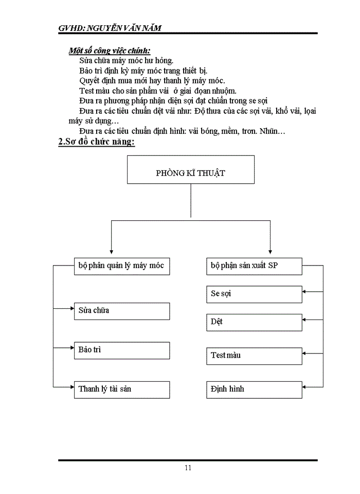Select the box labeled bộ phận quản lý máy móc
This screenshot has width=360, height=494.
coord(121,267)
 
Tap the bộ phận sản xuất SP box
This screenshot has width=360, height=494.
coord(254,267)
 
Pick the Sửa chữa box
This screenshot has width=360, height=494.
coord(121,311)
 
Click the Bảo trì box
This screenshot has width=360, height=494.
coord(121,350)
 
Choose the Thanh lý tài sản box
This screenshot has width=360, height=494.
coord(121,389)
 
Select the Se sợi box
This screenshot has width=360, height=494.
coord(254,294)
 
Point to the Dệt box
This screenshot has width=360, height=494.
coord(254,322)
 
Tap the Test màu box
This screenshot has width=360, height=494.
coord(254,356)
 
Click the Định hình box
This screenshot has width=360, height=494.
coord(254,389)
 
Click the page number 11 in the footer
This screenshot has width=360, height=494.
coord(188,468)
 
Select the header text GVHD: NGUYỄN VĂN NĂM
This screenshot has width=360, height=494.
coord(110,28)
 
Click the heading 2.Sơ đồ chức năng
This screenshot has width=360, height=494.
coord(97,142)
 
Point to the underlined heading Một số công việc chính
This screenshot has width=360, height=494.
coord(110,50)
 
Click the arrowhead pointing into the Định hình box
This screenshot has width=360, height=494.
coord(305,386)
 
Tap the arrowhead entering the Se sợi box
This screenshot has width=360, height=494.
coord(305,292)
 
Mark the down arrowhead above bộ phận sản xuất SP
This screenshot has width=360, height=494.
coord(270,250)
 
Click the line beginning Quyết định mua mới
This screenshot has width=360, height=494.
coord(152,80)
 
